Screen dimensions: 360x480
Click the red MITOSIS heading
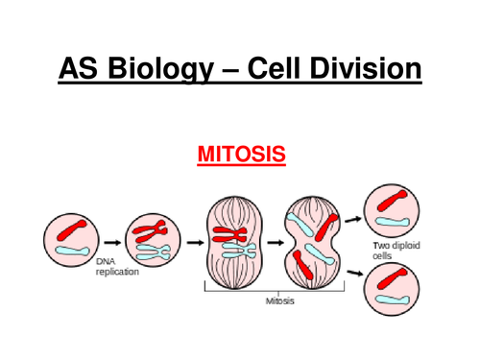pos(240,154)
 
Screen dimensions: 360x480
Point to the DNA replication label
pos(116,267)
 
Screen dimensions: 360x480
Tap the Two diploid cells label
pos(396,252)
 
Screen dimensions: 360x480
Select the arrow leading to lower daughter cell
pos(352,273)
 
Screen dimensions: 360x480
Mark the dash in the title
pos(228,71)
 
